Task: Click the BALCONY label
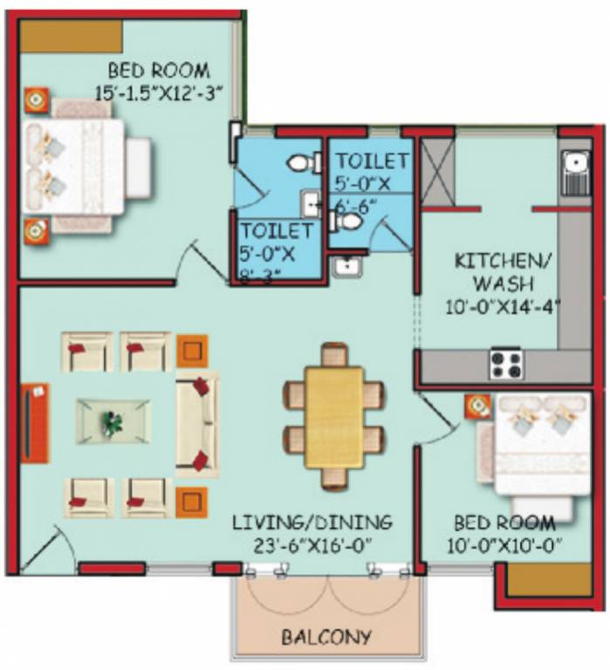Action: [x=326, y=637]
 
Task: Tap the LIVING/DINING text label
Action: [x=312, y=523]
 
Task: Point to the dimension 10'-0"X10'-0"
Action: [x=504, y=547]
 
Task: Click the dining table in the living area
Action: [x=334, y=416]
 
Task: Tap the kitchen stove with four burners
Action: [x=505, y=362]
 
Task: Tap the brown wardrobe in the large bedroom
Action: [x=71, y=37]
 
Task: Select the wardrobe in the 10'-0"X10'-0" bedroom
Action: [x=549, y=580]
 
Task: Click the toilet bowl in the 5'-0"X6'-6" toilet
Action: [x=348, y=222]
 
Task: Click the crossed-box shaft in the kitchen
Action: [x=438, y=171]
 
